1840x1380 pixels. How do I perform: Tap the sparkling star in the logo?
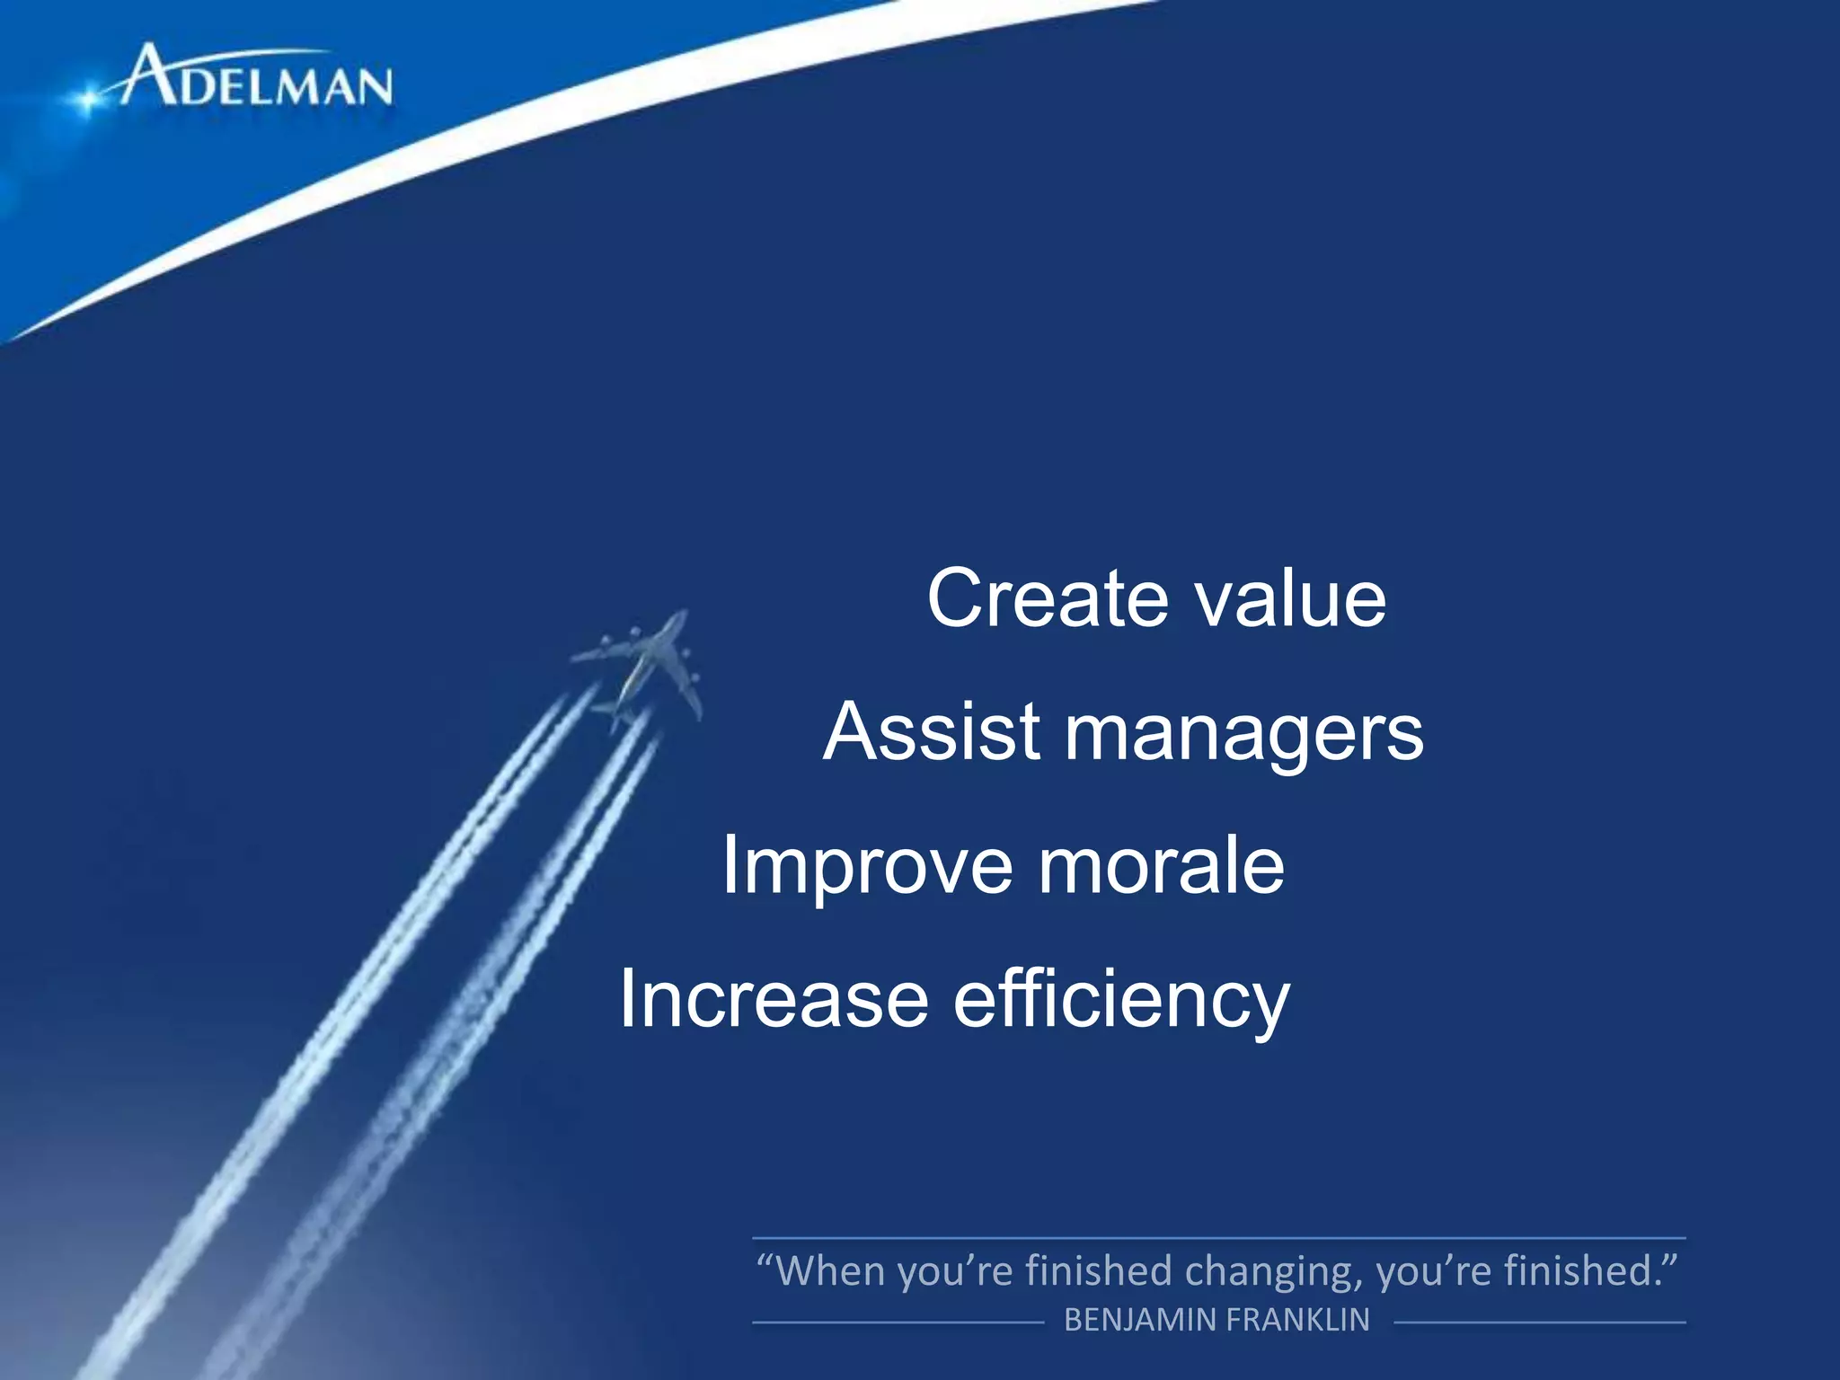(87, 99)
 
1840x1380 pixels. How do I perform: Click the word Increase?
(774, 999)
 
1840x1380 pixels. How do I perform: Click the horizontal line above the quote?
(1218, 1238)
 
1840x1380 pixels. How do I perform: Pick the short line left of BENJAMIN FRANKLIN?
(898, 1322)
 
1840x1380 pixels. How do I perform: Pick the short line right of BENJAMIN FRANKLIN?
(1539, 1322)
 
